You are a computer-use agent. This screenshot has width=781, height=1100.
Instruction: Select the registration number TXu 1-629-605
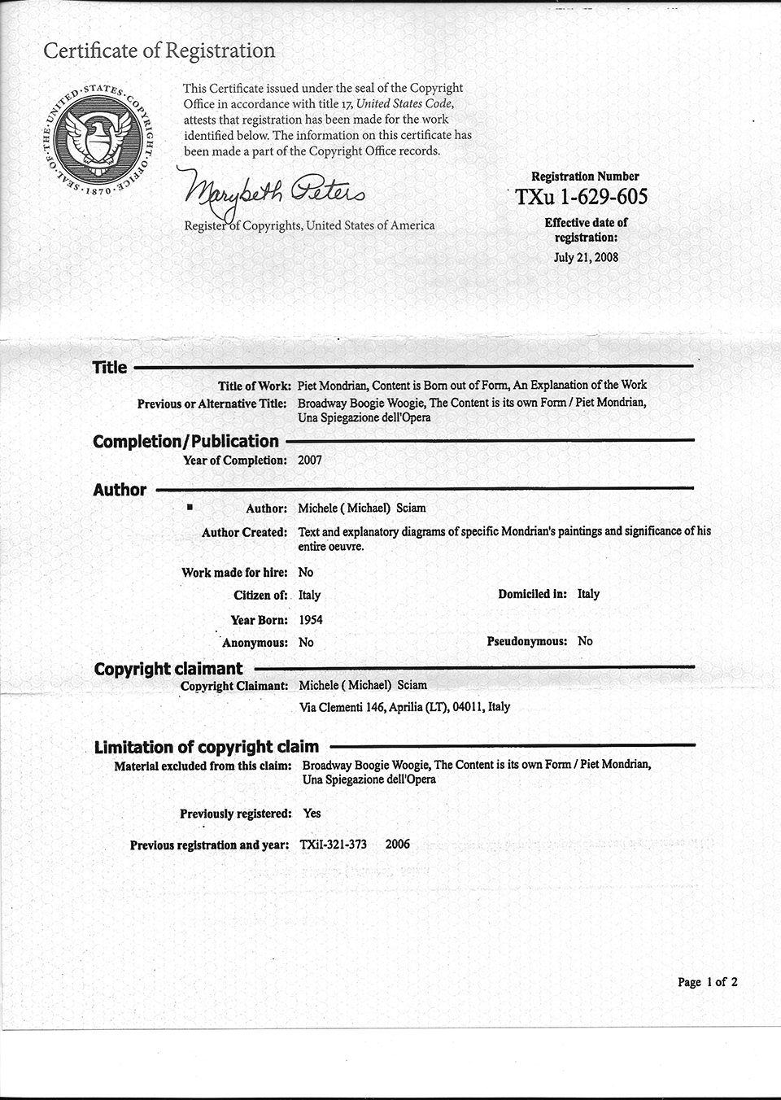click(x=582, y=197)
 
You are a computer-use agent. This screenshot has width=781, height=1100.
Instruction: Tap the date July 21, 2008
click(x=586, y=257)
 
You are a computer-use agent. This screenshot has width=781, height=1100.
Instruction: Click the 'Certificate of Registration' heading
click(x=159, y=50)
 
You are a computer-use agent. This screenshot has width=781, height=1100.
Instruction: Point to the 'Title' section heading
click(x=110, y=367)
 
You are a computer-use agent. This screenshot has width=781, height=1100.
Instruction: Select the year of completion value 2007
click(x=310, y=460)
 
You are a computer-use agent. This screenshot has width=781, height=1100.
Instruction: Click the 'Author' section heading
click(x=120, y=490)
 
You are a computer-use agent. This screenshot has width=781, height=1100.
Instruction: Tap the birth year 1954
click(x=311, y=620)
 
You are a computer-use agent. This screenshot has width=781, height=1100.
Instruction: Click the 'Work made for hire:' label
click(x=234, y=573)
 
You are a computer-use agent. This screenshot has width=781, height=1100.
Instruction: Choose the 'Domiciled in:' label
click(x=532, y=594)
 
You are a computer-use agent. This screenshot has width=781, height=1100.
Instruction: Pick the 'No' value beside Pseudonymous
click(x=585, y=641)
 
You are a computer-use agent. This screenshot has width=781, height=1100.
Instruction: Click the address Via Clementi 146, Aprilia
click(x=404, y=707)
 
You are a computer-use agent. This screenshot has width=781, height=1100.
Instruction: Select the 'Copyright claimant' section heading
click(x=168, y=669)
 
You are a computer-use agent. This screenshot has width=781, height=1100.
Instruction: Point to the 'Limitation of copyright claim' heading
click(x=207, y=747)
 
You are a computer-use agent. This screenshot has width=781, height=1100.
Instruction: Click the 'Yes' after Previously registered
click(x=312, y=813)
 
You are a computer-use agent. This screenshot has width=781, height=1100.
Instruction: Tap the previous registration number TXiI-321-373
click(x=333, y=844)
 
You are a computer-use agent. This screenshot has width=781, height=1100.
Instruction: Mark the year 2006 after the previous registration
click(x=398, y=844)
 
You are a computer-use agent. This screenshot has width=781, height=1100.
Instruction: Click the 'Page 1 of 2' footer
click(x=707, y=982)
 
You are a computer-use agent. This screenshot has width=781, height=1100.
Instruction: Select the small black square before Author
click(x=190, y=507)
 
